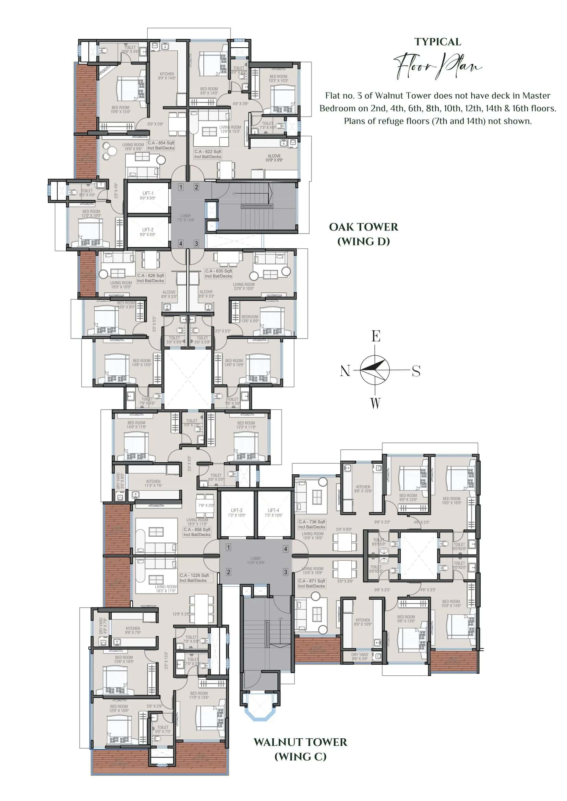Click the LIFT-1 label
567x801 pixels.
tap(148, 195)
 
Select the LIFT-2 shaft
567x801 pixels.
tap(148, 231)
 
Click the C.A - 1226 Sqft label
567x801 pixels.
tap(194, 578)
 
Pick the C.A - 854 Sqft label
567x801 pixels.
tap(160, 145)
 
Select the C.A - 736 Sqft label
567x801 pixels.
tap(311, 524)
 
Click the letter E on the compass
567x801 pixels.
tap(376, 336)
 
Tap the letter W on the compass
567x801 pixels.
tap(375, 403)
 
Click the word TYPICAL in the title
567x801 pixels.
tap(437, 42)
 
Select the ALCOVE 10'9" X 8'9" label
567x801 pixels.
tap(274, 158)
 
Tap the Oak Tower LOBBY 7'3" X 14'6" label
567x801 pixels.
tap(185, 218)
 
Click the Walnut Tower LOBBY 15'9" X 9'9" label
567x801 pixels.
tap(256, 561)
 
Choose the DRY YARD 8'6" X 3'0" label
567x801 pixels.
tap(360, 656)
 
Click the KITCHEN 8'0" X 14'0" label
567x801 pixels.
tap(167, 76)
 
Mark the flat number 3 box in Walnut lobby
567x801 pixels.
tap(285, 572)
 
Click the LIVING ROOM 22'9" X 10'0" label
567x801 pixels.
tap(244, 286)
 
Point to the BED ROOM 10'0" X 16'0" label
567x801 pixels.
tap(451, 501)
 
